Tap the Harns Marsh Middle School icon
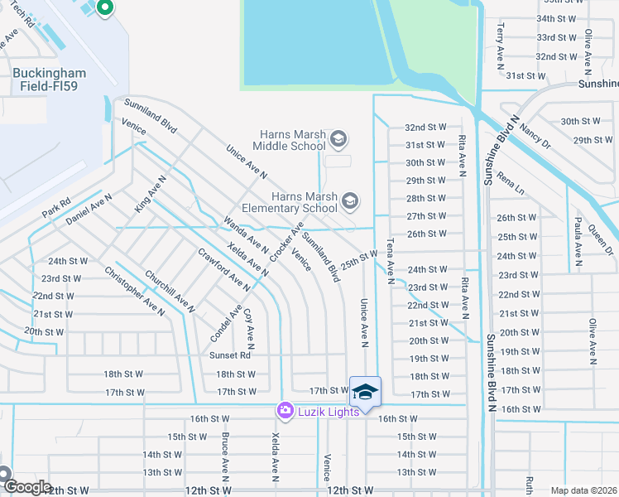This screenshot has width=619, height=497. point(338,138)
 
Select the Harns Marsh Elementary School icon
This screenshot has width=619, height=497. point(350,200)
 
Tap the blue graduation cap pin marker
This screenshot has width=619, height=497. point(365,392)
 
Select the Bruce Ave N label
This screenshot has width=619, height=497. point(224,456)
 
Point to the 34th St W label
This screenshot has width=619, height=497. point(556,18)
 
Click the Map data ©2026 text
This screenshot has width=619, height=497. point(584,490)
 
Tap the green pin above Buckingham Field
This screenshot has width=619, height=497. point(104,8)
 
